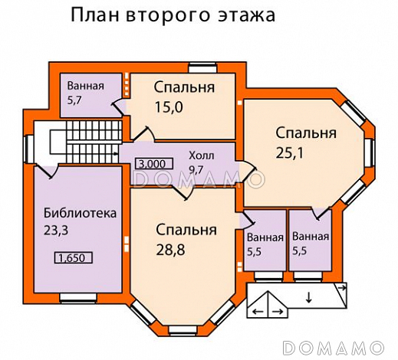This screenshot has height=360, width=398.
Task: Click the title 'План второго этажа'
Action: coord(173,15)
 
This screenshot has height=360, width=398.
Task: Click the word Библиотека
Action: coord(80,212)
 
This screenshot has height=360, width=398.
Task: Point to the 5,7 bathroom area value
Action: coord(75,100)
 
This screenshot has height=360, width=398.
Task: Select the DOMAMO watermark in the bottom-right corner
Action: coord(339,346)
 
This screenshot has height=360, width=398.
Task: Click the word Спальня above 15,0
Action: coord(183,87)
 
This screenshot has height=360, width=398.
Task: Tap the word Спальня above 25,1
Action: coord(306,133)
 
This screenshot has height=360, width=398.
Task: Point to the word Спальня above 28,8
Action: coord(186,230)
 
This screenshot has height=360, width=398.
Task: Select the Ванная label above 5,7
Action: coord(84,86)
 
